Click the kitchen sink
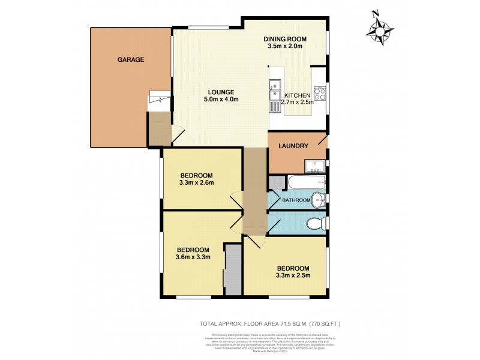point(275,95)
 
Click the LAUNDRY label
point(294,146)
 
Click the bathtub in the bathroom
point(305,182)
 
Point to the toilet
point(315,224)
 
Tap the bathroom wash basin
point(320,200)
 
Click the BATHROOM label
point(296,200)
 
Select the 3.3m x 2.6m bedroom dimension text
point(196,183)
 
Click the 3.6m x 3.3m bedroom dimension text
point(193,258)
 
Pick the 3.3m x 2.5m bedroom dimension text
point(292,276)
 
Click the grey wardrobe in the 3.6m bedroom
point(233,269)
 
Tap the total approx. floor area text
point(278,324)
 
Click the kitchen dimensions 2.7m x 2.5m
point(298,103)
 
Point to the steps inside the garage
point(158,100)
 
